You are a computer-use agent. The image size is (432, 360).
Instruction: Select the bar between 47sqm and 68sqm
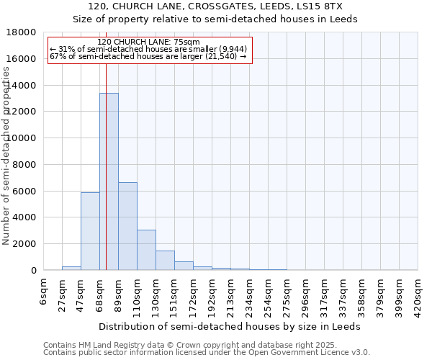90,231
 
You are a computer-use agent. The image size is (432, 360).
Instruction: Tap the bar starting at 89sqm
127,226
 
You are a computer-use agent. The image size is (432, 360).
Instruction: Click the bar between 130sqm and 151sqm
165,260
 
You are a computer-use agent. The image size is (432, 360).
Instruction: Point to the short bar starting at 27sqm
71,268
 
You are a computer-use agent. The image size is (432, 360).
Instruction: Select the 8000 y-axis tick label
25,165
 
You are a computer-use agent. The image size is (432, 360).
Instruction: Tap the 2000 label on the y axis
25,244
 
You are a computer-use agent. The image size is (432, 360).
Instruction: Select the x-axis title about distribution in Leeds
230,326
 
